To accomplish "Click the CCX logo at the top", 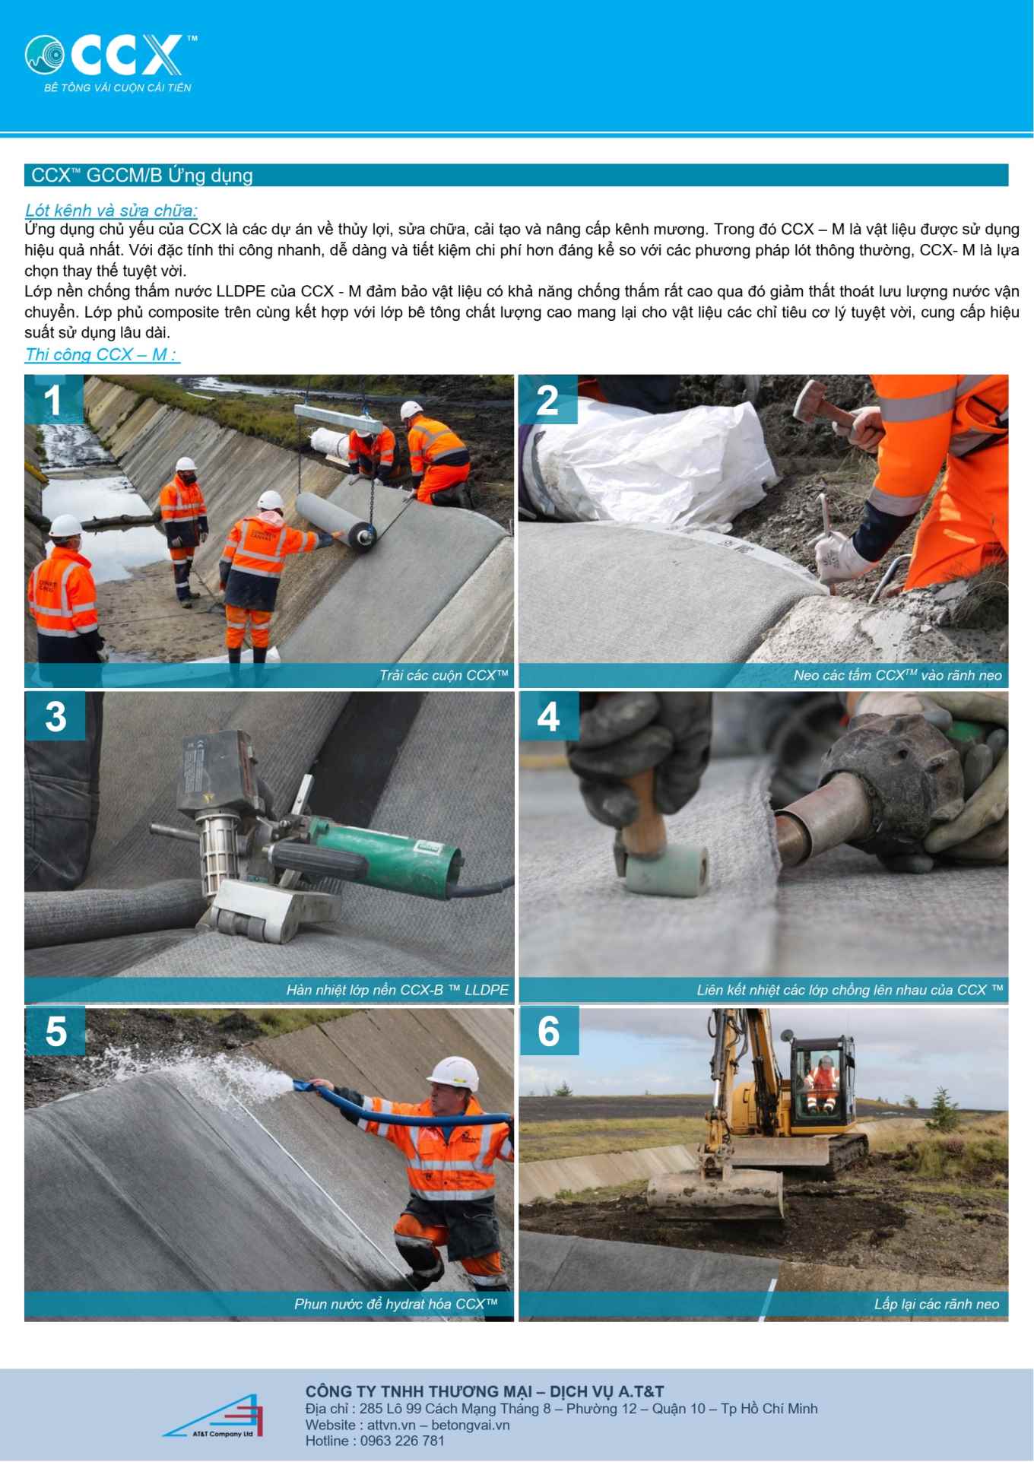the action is [x=110, y=63].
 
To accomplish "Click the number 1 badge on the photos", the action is [x=53, y=399].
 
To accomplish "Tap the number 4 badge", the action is [x=548, y=715].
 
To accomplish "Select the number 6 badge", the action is [x=548, y=1031].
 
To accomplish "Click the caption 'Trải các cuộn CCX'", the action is [x=444, y=675].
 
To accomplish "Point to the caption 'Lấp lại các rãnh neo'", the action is [x=937, y=1304].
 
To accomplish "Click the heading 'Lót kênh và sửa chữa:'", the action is [x=111, y=211].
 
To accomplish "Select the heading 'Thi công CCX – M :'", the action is [x=102, y=354].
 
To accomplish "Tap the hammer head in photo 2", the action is [x=812, y=397].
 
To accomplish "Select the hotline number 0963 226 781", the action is [x=402, y=1441].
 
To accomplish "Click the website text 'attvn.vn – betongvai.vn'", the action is [x=438, y=1425].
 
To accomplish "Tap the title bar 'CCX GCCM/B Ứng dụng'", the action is [x=516, y=175].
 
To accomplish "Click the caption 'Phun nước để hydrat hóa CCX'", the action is [x=396, y=1304].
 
